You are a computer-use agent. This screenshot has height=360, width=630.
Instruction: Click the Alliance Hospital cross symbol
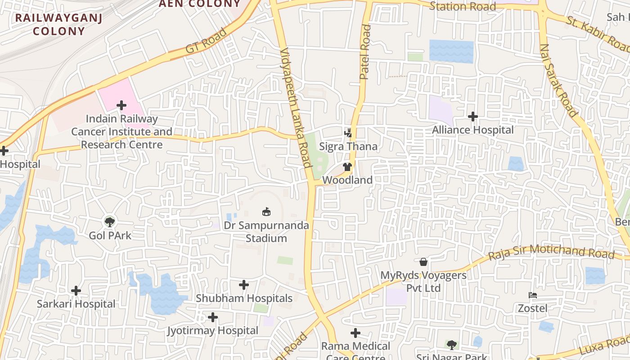click(472, 117)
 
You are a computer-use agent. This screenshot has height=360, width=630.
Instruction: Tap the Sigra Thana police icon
click(348, 133)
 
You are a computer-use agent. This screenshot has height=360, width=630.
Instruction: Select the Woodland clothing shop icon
click(347, 167)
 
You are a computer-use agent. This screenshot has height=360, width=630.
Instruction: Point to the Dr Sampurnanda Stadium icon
click(266, 211)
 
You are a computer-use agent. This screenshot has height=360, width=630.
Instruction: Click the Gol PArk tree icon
click(109, 221)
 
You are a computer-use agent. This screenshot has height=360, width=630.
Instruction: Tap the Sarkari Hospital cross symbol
click(76, 291)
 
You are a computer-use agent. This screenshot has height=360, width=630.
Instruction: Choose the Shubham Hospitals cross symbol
click(244, 285)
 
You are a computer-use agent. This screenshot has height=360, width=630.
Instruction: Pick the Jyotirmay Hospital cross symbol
click(213, 318)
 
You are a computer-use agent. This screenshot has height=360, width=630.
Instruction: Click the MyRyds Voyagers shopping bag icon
click(423, 261)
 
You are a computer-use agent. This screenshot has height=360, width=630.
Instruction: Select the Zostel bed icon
click(533, 295)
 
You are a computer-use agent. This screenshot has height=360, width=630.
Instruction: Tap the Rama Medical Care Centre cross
click(355, 333)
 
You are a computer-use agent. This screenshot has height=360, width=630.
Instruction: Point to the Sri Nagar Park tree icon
click(451, 345)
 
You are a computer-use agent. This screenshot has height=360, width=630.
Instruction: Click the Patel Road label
click(365, 52)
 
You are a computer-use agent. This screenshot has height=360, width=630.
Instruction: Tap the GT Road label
click(206, 41)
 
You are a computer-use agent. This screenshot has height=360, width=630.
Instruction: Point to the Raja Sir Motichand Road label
click(551, 252)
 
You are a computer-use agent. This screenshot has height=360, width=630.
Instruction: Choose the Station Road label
click(463, 6)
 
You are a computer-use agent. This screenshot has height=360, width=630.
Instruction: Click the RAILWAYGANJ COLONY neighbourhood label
click(58, 24)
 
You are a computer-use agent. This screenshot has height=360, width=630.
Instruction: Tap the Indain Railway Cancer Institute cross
click(121, 105)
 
